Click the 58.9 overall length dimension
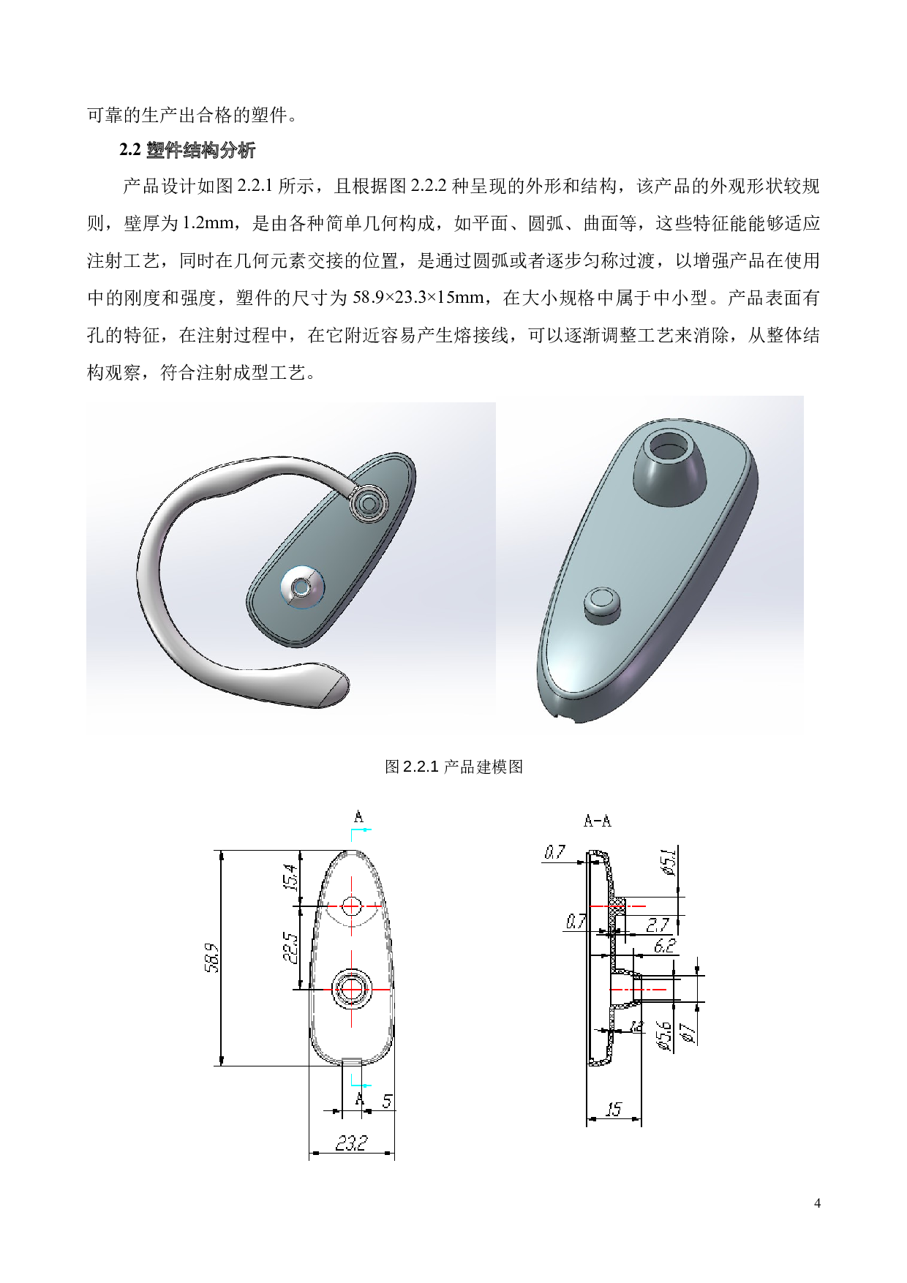(211, 957)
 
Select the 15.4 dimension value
(290, 878)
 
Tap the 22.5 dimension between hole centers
(290, 947)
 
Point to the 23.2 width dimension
(351, 1143)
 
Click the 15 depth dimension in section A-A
(613, 1110)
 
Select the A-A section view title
(597, 821)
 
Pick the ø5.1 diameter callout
(668, 862)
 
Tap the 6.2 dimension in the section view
(664, 946)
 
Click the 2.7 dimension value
(658, 925)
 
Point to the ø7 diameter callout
(688, 1032)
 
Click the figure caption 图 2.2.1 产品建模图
(453, 767)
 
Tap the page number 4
(817, 1203)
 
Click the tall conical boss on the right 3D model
(670, 468)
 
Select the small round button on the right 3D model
(602, 603)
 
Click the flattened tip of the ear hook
(334, 688)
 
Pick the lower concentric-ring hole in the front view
(352, 989)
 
